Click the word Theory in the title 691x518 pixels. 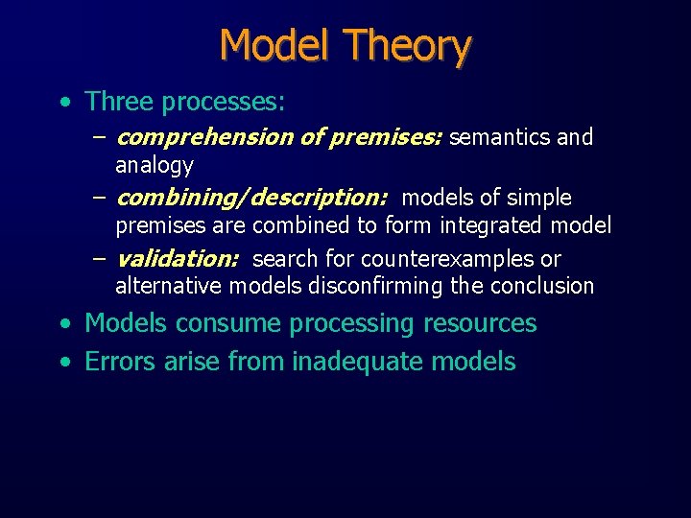click(408, 45)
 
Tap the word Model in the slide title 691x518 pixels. click(275, 45)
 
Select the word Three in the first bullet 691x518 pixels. click(120, 101)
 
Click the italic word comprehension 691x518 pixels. click(204, 137)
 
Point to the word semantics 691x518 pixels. click(500, 137)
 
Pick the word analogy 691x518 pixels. click(155, 165)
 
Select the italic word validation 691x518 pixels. click(178, 259)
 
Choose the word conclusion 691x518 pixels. click(542, 286)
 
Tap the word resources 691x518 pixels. click(479, 323)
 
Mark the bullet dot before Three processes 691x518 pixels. click(64, 102)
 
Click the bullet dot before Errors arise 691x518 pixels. click(64, 363)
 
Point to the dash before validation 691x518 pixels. click(100, 259)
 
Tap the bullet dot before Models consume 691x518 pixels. click(64, 324)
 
